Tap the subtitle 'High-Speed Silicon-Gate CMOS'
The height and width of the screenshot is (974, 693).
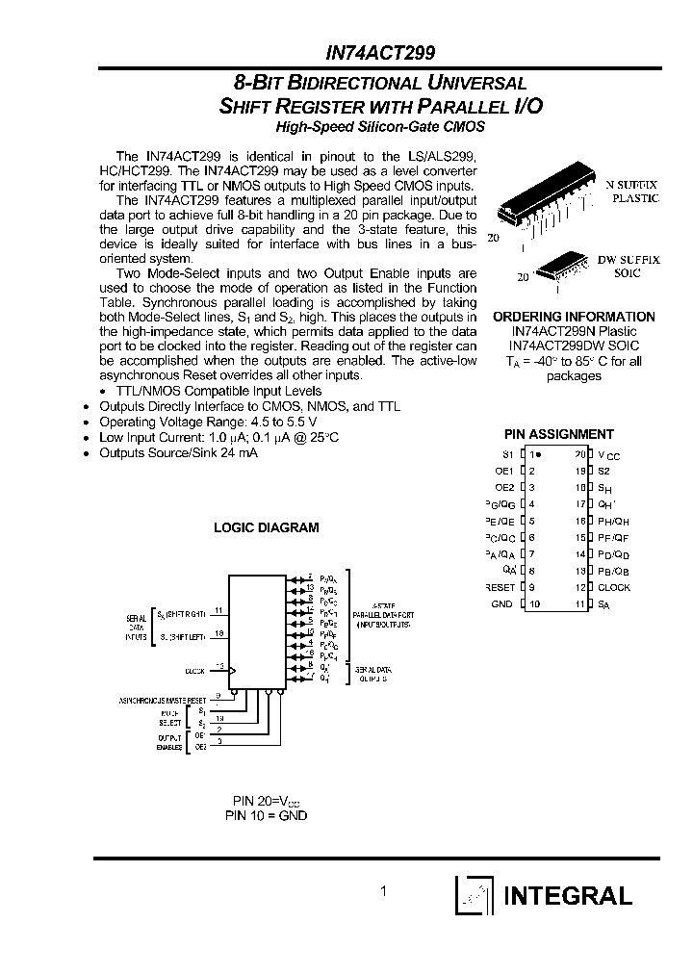point(380,126)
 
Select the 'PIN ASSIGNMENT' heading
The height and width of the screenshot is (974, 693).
point(558,434)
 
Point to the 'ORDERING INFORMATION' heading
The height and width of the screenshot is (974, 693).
point(573,317)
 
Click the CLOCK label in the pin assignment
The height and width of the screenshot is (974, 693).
point(614,587)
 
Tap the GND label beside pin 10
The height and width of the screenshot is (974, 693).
point(502,603)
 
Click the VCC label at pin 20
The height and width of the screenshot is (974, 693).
point(608,454)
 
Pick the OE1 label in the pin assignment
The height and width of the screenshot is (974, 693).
point(504,471)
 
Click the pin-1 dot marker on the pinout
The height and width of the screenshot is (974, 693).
point(539,453)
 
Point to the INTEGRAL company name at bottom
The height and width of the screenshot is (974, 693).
point(567,896)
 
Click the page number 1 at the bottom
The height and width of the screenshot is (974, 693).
point(383,891)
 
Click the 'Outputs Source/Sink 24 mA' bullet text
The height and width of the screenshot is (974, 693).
point(178,452)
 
